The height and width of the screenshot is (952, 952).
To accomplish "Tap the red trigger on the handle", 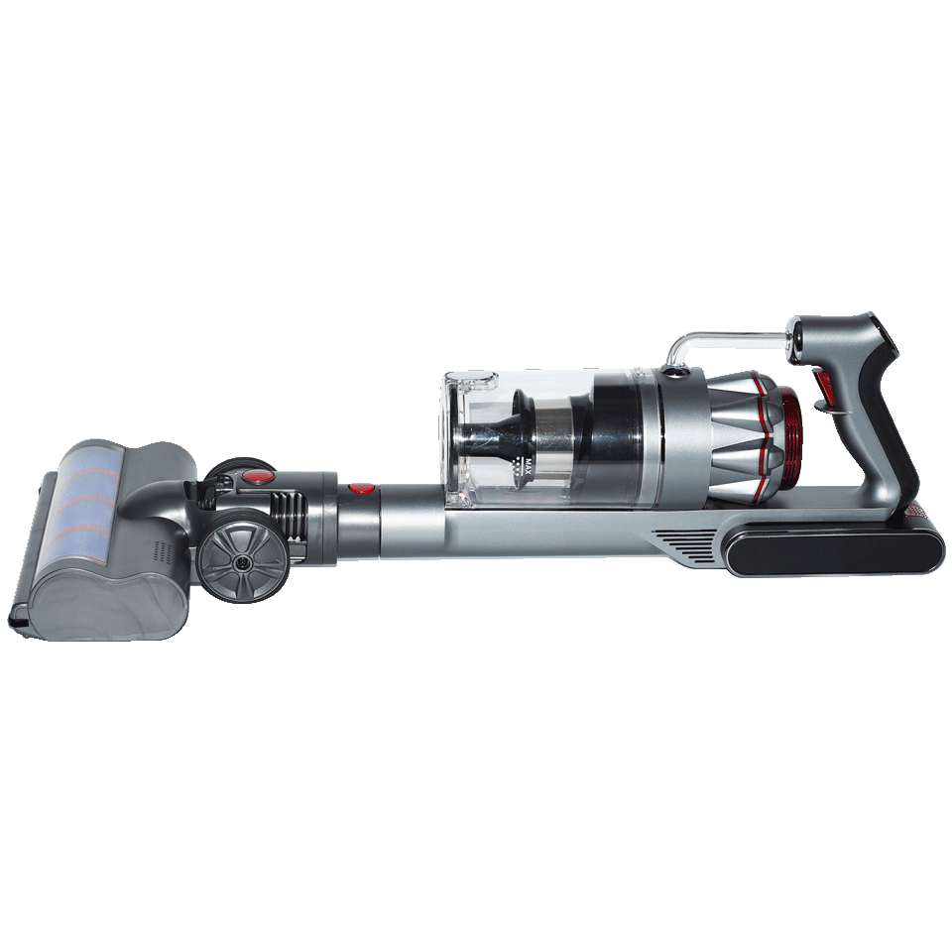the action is (823, 390).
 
